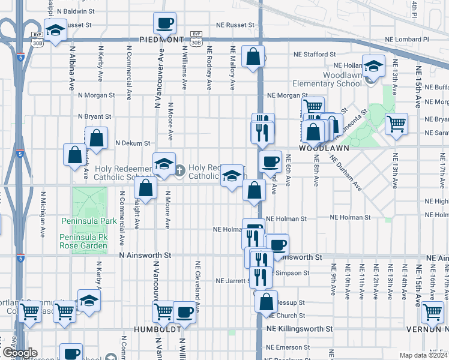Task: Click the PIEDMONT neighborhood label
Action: click(x=161, y=40)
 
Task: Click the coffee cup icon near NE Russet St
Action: click(x=164, y=24)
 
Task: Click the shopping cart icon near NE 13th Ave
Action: click(x=396, y=124)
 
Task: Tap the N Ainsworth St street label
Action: click(x=145, y=255)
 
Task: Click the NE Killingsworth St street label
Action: click(x=300, y=329)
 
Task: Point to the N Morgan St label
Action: click(x=96, y=95)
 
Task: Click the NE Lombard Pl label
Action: click(x=409, y=39)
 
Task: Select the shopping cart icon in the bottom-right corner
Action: click(x=432, y=312)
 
